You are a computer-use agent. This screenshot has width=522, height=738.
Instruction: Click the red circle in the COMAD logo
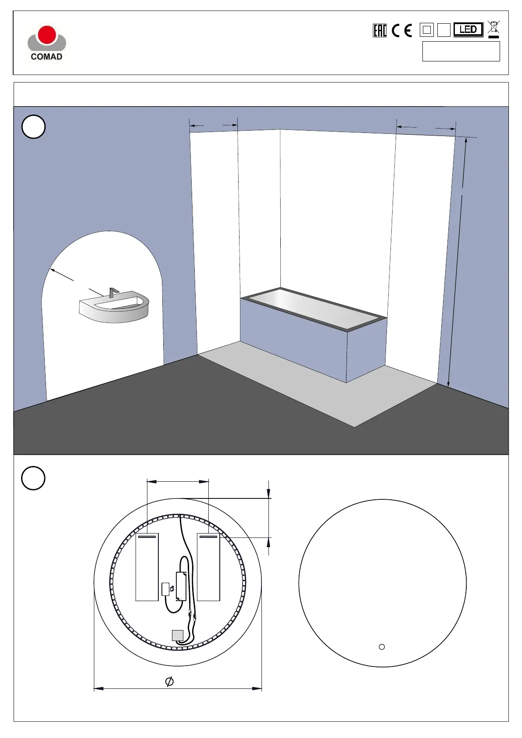pos(47,35)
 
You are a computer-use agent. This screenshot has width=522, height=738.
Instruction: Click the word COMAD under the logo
pos(46,57)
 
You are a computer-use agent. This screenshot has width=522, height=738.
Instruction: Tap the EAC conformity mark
pos(379,30)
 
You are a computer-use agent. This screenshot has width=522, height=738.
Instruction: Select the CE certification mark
pos(402,30)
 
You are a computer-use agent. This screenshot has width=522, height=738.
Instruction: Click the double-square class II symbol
pos(426,30)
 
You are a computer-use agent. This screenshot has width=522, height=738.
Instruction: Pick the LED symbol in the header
pos(468,29)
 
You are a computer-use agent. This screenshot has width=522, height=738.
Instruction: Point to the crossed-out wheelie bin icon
pos(493,29)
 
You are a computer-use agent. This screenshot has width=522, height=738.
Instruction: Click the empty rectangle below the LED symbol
pos(461,51)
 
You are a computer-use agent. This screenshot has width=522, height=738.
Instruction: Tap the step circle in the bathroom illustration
pos(33,127)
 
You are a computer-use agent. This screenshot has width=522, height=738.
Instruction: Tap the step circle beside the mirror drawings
pos(33,478)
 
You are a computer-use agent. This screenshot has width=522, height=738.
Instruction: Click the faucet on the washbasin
pos(113,292)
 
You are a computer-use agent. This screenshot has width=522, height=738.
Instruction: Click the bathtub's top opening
pos(313,308)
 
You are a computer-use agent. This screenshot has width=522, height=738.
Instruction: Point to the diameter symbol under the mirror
pos(169,681)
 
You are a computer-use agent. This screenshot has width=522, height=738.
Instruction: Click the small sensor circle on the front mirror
pos(382,647)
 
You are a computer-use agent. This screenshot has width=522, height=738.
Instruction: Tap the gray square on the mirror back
pos(177,635)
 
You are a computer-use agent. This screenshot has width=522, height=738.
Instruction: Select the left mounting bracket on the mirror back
pos(147,567)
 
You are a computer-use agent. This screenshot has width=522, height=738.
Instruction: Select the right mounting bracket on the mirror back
pos(208,567)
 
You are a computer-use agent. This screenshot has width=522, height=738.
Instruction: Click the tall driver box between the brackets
pos(181,586)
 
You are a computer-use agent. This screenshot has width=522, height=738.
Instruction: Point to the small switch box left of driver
pos(165,589)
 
